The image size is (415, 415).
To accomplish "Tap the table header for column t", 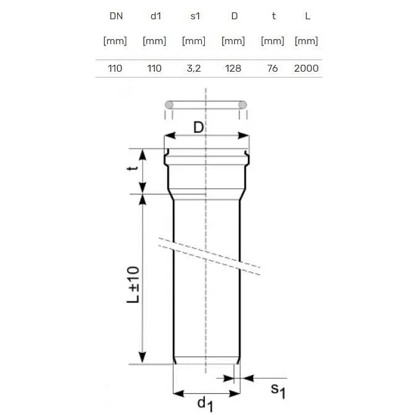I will coord(273,16).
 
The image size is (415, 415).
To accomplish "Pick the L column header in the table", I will coord(308,16).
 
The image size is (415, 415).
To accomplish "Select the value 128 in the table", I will coord(233,68).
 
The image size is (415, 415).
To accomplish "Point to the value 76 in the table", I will coord(272,68).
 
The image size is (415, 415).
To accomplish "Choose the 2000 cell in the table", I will coord(306,68).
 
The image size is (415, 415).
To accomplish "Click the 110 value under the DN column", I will coord(115,68).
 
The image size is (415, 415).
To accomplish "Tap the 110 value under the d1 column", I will coord(154,68).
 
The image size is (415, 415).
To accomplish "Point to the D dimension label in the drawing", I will coord(198,128).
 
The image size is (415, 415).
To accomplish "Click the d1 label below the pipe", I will coord(206,403).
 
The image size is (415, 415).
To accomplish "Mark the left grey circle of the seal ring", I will coord(169,105).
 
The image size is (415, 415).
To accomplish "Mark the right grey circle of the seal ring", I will coord(243,105).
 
